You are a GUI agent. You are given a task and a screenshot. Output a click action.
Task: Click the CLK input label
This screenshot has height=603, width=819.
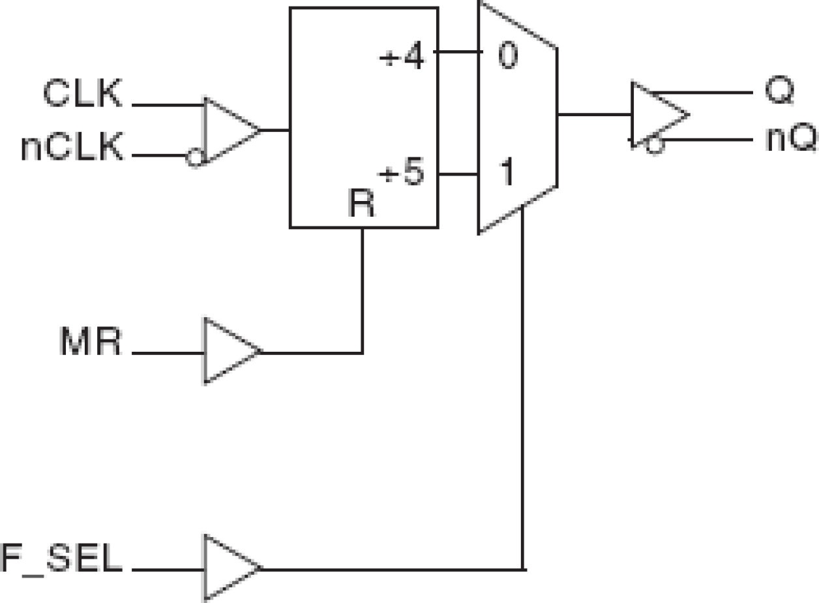pyautogui.click(x=83, y=94)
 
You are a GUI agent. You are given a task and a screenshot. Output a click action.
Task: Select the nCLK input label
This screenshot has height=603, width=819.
pyautogui.click(x=72, y=149)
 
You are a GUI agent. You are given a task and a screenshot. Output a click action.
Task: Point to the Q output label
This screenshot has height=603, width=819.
pyautogui.click(x=779, y=93)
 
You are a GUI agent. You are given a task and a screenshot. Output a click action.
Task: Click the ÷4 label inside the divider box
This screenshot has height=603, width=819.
pyautogui.click(x=402, y=60)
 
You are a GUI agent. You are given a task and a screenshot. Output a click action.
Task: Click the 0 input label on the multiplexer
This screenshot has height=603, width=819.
pyautogui.click(x=507, y=57)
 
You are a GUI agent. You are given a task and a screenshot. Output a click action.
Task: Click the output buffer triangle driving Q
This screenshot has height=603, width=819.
pyautogui.click(x=655, y=116)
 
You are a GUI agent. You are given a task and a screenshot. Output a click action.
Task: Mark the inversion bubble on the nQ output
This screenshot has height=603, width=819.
pyautogui.click(x=654, y=146)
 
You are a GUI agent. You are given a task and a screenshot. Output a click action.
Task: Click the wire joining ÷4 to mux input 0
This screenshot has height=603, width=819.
pyautogui.click(x=456, y=52)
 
